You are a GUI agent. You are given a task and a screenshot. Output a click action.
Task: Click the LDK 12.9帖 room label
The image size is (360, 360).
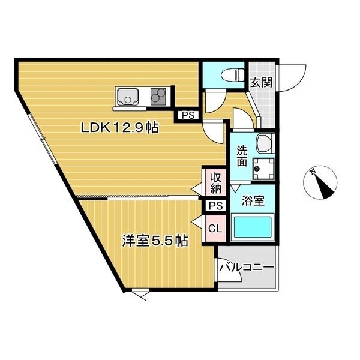pos(120,128)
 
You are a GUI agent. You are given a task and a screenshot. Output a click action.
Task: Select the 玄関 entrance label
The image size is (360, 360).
pos(261,83)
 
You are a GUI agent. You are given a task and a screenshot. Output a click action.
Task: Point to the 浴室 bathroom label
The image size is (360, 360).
pos(253,201)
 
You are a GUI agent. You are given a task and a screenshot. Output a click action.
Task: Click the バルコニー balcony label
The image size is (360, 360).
pos(246,267)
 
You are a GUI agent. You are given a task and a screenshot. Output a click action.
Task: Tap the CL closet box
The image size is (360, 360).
pos(214,228)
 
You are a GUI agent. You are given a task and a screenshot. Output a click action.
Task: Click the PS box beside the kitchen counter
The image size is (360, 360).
pos(187,116)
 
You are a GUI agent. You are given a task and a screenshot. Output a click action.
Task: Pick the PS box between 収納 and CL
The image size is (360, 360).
pos(215,206)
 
